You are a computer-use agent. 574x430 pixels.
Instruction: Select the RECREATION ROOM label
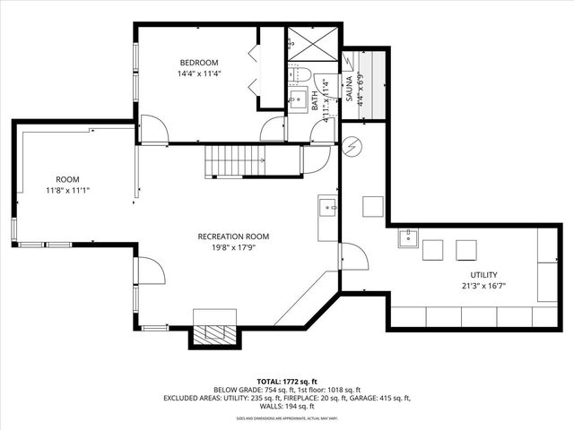[x=233, y=236]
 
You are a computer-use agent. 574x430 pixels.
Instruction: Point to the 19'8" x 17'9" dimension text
[x=233, y=249]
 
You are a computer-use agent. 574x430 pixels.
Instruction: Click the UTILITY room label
[x=483, y=275]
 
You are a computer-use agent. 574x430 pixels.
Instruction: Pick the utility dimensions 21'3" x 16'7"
[x=483, y=288]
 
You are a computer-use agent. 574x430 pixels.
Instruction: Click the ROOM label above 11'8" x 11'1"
[x=68, y=178]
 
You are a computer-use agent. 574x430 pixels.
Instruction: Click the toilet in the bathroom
[x=300, y=73]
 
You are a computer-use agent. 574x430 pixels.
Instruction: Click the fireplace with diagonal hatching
[x=215, y=333]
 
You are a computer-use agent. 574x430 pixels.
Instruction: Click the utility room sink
[x=408, y=238]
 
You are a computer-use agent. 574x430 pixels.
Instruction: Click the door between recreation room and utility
[x=355, y=258]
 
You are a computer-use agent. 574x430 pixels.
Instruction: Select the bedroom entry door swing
[x=155, y=129]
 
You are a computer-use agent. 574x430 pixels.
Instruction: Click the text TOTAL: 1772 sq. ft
[x=286, y=381]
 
